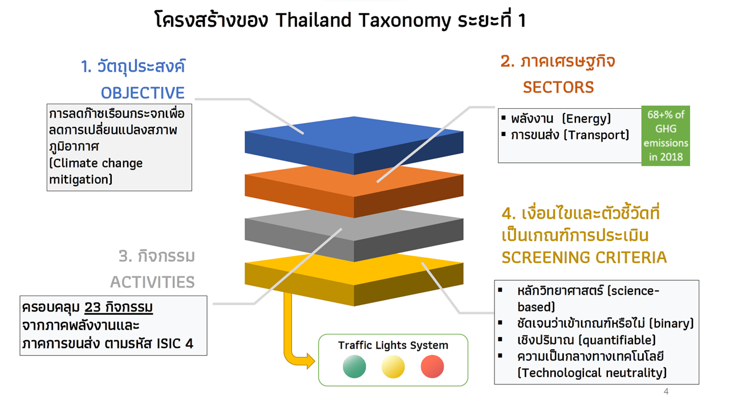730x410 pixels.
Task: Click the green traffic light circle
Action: (x=354, y=367)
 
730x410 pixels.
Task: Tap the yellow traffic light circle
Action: (x=393, y=367)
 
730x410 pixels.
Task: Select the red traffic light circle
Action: (x=432, y=367)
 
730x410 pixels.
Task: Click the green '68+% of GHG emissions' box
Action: (x=666, y=136)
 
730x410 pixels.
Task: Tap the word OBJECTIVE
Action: (x=143, y=93)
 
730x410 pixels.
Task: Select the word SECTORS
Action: (x=558, y=87)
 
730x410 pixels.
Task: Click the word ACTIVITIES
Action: (x=152, y=282)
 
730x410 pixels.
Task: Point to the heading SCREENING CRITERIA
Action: (x=584, y=257)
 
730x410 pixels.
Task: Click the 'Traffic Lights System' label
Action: (x=393, y=345)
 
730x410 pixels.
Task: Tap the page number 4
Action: (x=666, y=392)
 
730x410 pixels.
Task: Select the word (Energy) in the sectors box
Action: (x=586, y=118)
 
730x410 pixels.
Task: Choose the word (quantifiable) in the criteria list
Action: (x=619, y=340)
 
